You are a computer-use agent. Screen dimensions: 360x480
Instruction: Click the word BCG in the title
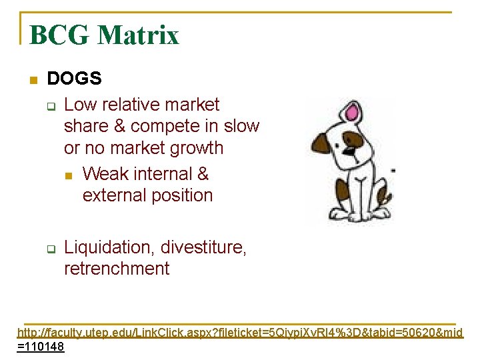click(59, 35)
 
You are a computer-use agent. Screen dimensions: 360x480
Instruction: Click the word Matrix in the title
click(138, 35)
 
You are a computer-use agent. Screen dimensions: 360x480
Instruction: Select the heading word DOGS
click(74, 79)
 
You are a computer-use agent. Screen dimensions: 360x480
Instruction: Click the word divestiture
click(203, 247)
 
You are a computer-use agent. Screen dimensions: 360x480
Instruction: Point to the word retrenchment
click(117, 269)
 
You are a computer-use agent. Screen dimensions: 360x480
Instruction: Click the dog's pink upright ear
click(361, 115)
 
